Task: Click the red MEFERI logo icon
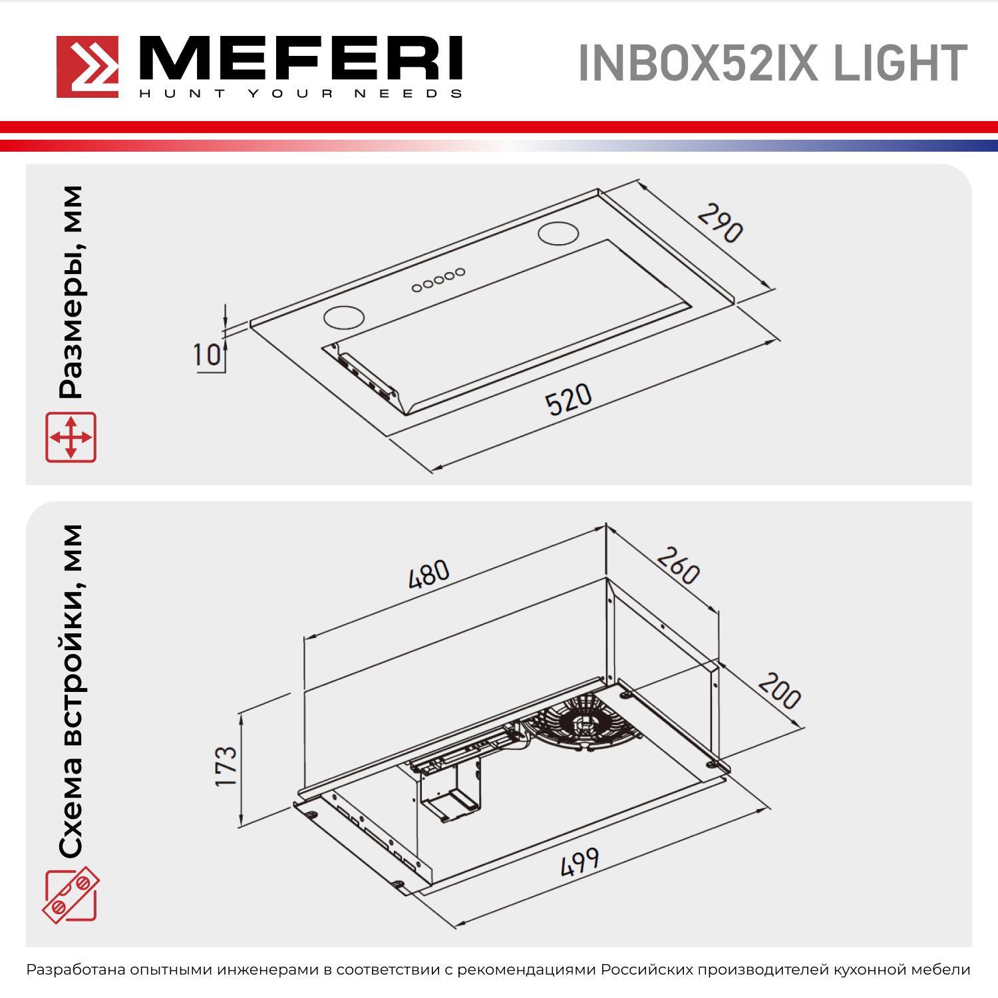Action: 87,67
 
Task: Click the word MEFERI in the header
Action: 301,59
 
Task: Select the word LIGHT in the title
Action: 900,64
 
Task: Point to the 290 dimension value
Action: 720,223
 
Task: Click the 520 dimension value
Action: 568,399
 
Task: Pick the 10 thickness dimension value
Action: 207,355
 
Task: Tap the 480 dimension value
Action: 429,574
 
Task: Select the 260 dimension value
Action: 679,566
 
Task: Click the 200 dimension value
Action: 780,691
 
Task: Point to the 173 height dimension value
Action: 226,766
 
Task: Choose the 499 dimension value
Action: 580,862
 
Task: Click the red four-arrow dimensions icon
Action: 71,437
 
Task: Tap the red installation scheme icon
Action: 71,895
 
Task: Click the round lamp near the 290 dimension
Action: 558,234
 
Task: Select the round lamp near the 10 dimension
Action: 344,317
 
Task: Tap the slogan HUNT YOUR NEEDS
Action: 301,93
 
